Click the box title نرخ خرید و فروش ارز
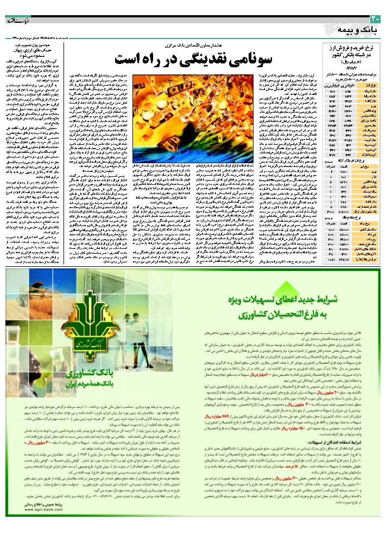coord(352,48)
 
